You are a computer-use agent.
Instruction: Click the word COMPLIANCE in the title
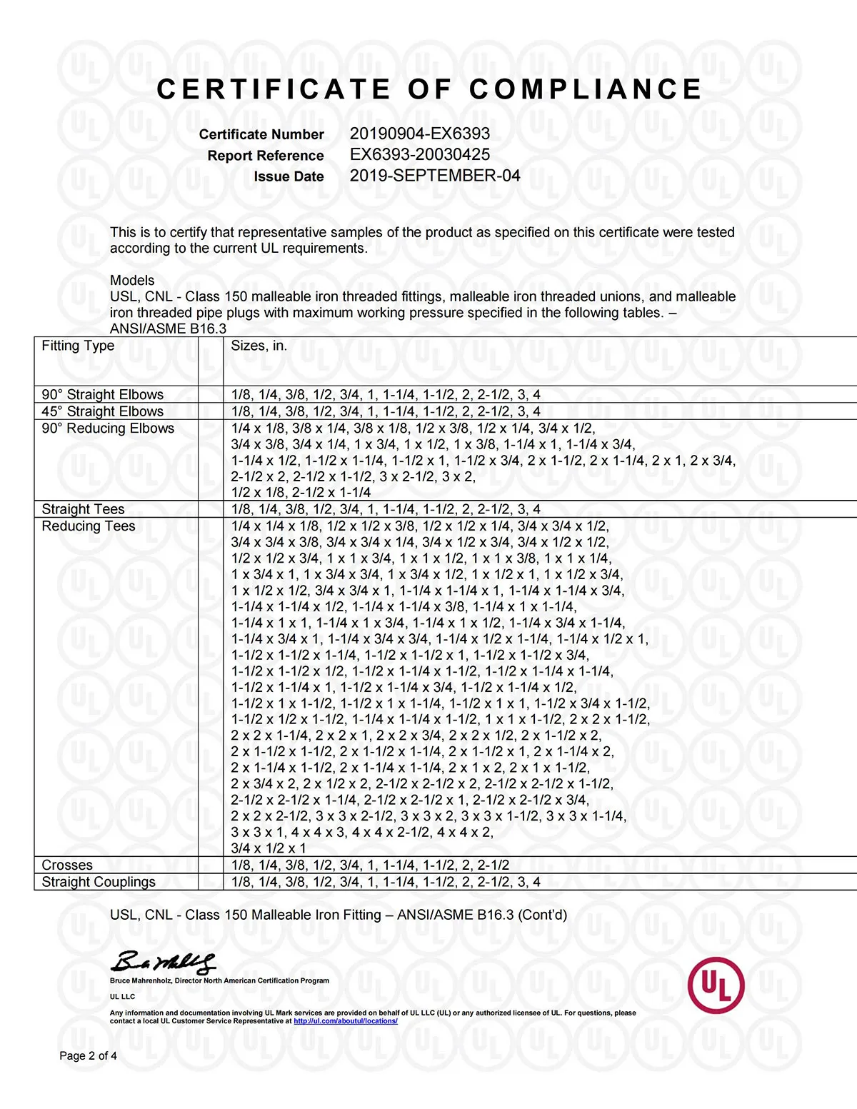(x=586, y=89)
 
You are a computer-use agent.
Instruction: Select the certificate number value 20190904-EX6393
(x=420, y=134)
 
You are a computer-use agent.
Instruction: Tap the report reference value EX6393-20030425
(x=420, y=154)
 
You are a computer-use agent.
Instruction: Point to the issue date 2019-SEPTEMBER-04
(x=435, y=176)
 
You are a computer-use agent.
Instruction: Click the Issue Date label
(x=289, y=176)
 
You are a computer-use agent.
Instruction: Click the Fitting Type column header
(x=78, y=346)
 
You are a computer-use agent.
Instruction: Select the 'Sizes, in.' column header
(x=259, y=346)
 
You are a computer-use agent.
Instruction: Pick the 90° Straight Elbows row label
(x=103, y=395)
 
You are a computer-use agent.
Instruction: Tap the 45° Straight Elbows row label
(x=103, y=411)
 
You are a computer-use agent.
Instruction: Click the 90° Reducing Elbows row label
(x=108, y=428)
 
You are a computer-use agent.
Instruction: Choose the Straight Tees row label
(x=83, y=509)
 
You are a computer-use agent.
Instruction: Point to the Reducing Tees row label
(x=89, y=526)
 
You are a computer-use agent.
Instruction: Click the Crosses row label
(x=67, y=865)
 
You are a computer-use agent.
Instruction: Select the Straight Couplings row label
(x=99, y=882)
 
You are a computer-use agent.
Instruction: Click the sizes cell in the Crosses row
(x=370, y=865)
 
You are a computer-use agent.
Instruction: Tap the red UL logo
(x=716, y=985)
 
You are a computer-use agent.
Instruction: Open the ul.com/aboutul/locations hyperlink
(x=346, y=1021)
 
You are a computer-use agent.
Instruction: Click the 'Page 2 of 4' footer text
(x=89, y=1055)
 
